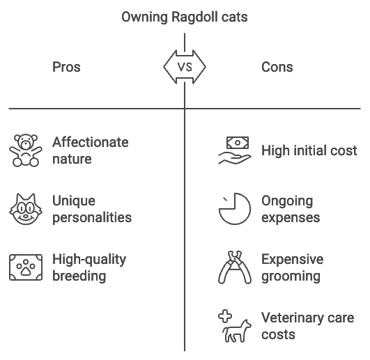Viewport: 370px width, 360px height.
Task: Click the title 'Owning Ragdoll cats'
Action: (x=185, y=17)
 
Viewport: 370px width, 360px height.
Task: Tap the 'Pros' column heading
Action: (x=66, y=67)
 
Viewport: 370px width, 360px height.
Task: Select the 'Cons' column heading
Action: (x=277, y=67)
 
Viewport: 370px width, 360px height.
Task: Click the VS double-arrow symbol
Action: (x=185, y=67)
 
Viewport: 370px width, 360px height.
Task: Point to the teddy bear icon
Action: (x=26, y=150)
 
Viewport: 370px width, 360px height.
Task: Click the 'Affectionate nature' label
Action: (x=91, y=150)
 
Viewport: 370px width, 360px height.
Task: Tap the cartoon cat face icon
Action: (x=26, y=209)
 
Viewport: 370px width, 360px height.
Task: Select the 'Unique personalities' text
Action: (x=92, y=209)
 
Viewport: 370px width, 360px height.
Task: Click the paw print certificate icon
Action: (x=26, y=267)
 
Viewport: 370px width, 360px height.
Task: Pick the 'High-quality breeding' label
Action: (x=89, y=267)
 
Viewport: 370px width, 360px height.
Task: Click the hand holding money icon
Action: (x=235, y=150)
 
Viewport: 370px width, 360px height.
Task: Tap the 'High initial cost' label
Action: (x=309, y=150)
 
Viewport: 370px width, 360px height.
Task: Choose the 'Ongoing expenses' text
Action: (x=291, y=209)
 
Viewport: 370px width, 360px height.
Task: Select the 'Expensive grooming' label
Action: (x=293, y=267)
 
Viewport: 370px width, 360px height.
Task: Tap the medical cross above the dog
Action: (x=225, y=316)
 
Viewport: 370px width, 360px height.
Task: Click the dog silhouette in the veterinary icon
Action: (x=237, y=331)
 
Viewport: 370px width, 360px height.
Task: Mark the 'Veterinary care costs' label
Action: (x=308, y=326)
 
